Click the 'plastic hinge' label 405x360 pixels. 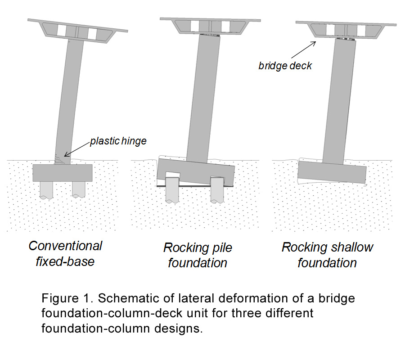[118, 141]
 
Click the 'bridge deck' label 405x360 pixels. [285, 66]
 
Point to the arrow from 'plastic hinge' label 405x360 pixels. [77, 149]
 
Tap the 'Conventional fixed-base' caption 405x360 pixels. [65, 253]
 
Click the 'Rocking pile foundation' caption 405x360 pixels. [198, 255]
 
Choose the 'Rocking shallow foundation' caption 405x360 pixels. [327, 255]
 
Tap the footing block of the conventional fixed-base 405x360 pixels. [63, 172]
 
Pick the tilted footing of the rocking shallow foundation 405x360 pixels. [332, 173]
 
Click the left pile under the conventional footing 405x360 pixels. [46, 189]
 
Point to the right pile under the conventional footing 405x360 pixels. [78, 189]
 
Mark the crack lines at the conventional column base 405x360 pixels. [60, 158]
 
